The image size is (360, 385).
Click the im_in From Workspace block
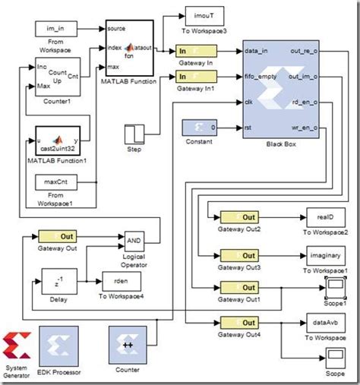click(x=54, y=28)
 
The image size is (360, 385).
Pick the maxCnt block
click(x=53, y=183)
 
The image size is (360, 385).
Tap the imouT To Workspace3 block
click(x=203, y=16)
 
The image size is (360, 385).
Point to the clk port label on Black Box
click(x=250, y=101)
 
